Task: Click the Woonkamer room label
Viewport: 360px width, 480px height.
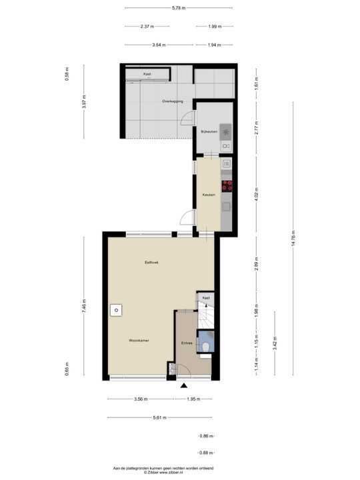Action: [x=139, y=340]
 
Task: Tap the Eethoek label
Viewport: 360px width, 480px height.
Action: [x=152, y=263]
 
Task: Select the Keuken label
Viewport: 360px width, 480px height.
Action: [x=209, y=195]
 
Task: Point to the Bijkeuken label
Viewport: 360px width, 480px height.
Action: [x=209, y=132]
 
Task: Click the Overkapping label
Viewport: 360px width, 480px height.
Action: [x=172, y=101]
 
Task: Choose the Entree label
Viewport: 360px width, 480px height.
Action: [x=187, y=343]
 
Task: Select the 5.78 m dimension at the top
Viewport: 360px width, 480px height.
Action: [x=179, y=8]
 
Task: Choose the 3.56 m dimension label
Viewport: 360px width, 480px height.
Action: [x=141, y=399]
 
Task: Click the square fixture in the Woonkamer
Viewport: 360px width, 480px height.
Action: [x=117, y=310]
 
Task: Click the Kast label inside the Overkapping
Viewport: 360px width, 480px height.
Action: [x=147, y=73]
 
